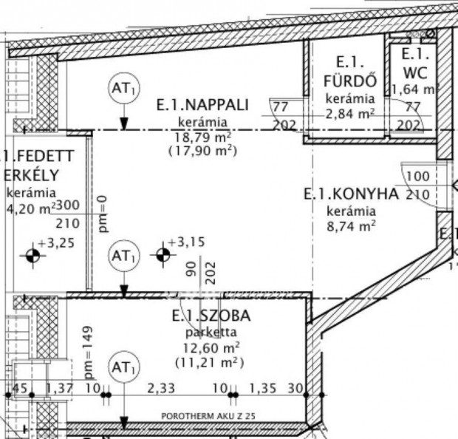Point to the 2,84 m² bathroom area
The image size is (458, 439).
click(x=351, y=113)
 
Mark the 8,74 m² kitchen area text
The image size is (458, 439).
click(x=351, y=227)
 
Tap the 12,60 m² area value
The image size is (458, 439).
click(x=211, y=347)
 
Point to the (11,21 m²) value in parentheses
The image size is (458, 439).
click(x=211, y=363)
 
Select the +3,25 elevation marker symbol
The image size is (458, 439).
click(x=32, y=256)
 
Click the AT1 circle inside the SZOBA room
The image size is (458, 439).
click(x=123, y=367)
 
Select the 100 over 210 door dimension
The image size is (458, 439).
click(x=417, y=186)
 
